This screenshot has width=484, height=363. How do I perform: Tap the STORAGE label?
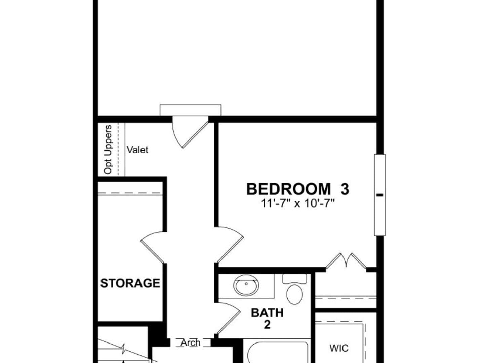click(x=130, y=283)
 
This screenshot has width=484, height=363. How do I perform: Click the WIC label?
click(x=339, y=348)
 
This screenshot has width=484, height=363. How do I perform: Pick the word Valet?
click(x=137, y=150)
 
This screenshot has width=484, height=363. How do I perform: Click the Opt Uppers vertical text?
click(x=108, y=150)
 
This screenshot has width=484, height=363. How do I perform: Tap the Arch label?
click(x=190, y=343)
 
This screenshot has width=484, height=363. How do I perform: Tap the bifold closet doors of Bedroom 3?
click(x=346, y=260)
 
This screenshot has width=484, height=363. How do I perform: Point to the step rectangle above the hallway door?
click(x=190, y=110)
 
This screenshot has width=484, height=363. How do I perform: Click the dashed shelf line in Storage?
click(x=130, y=193)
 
